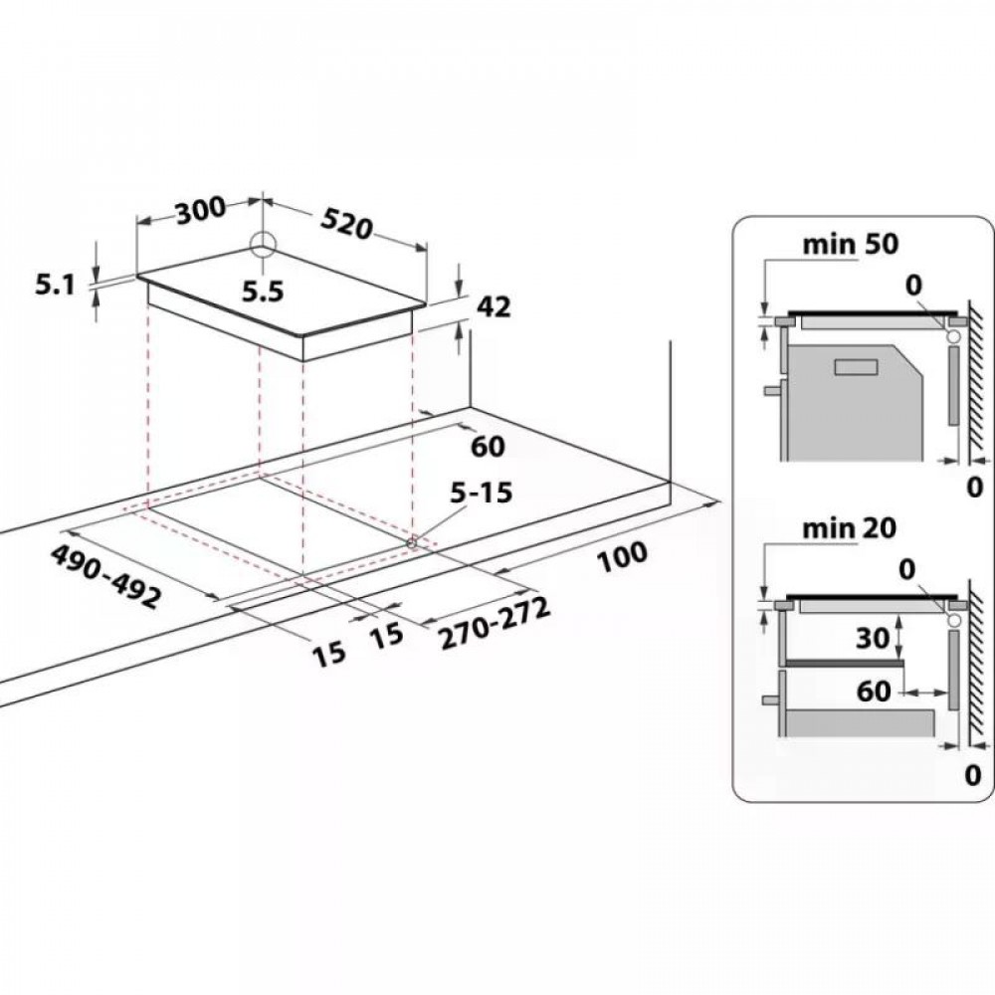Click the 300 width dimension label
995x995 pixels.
click(201, 211)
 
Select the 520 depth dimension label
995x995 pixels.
click(346, 224)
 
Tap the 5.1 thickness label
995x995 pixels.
click(55, 287)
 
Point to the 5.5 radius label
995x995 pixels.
click(263, 292)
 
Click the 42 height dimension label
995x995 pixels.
click(494, 307)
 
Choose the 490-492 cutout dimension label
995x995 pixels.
click(105, 576)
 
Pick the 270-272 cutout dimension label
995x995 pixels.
click(495, 625)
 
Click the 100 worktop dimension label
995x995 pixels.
click(623, 557)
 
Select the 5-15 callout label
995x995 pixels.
click(481, 493)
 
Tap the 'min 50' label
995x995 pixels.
click(851, 245)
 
